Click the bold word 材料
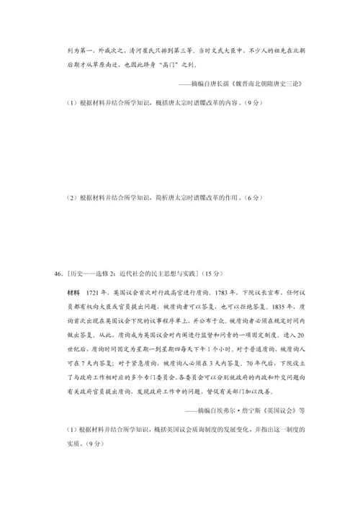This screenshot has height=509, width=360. point(73,294)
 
